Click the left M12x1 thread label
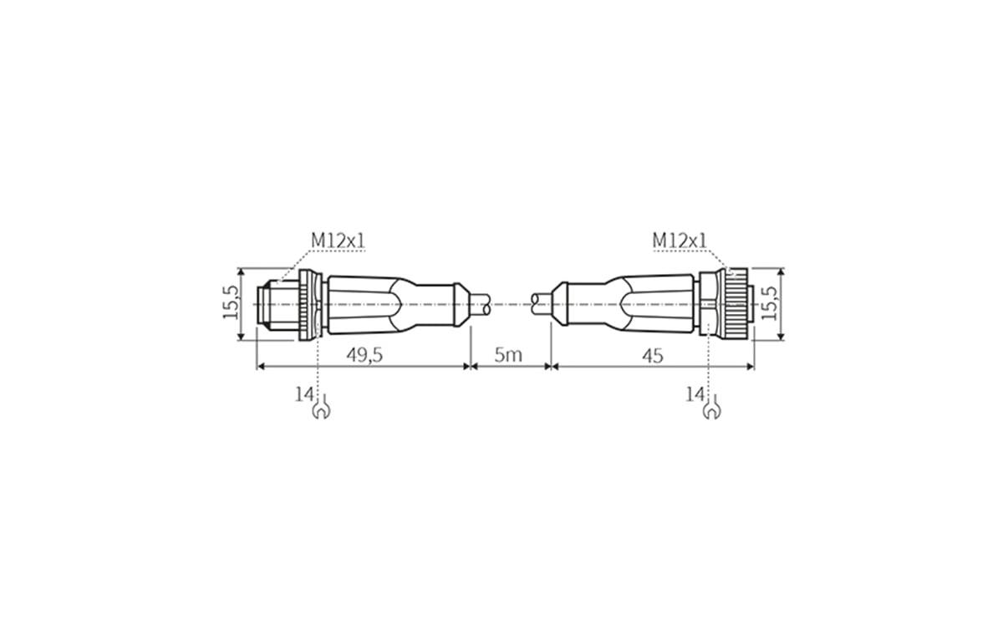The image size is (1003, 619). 339,241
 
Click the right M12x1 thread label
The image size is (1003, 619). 679,241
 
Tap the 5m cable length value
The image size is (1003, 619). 508,355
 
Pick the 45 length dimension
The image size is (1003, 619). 652,355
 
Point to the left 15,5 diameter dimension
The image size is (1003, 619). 231,304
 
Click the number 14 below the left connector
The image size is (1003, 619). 303,394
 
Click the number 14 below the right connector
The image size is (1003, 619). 695,394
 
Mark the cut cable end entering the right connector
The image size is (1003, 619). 540,304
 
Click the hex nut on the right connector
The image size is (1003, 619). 707,304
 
